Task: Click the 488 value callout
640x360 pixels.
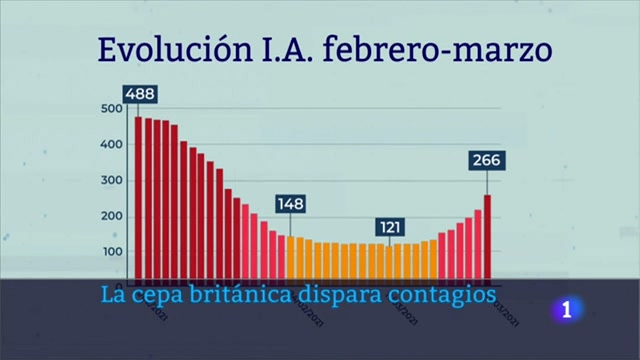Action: pyautogui.click(x=139, y=94)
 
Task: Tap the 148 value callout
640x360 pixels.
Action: pyautogui.click(x=291, y=204)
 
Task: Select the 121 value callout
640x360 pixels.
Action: pyautogui.click(x=390, y=228)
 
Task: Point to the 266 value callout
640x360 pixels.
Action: pyautogui.click(x=487, y=160)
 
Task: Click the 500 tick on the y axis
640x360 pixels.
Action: pyautogui.click(x=111, y=109)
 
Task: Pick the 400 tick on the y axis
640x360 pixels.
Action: pyautogui.click(x=111, y=144)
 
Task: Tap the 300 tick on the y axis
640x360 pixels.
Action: pyautogui.click(x=111, y=180)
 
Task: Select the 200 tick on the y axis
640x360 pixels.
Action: pyautogui.click(x=111, y=216)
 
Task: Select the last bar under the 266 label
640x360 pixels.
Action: pyautogui.click(x=487, y=236)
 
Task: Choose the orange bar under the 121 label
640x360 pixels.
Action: pyautogui.click(x=389, y=262)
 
